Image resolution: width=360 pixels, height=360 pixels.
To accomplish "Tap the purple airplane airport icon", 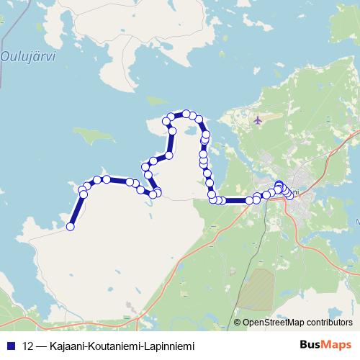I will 258,120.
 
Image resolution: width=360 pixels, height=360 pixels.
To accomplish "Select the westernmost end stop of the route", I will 71,227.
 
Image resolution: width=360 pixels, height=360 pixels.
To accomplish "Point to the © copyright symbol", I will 238,323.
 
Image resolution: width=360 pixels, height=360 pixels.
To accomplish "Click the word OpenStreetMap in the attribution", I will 274,323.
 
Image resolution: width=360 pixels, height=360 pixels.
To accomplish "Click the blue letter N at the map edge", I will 356,222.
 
